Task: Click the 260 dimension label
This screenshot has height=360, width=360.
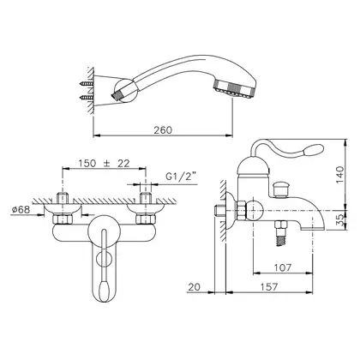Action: tap(163, 130)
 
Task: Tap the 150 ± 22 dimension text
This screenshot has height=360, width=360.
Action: tap(105, 163)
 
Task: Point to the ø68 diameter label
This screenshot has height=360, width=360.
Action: tap(21, 210)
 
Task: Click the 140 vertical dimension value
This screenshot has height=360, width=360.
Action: tap(339, 175)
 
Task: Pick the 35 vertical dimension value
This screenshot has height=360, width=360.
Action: tap(339, 219)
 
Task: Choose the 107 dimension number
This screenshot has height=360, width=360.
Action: tap(283, 267)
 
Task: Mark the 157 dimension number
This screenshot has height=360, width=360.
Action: tap(269, 286)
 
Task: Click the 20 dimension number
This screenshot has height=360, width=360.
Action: tap(195, 286)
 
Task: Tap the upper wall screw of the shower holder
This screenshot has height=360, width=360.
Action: tap(86, 84)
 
